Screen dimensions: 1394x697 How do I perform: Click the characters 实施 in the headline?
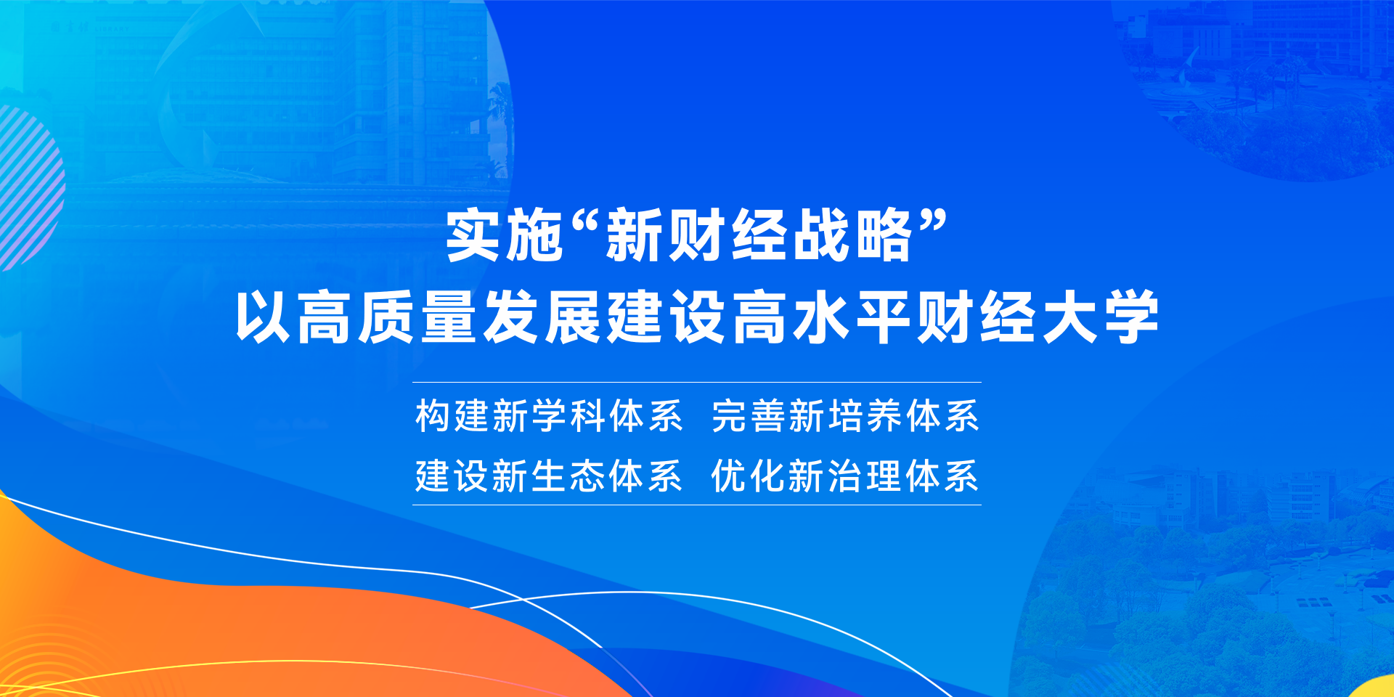(x=505, y=235)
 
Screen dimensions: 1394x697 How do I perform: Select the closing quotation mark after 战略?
(x=933, y=221)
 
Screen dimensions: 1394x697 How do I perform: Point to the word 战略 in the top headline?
(x=852, y=235)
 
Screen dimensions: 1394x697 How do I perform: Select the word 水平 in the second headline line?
(x=852, y=317)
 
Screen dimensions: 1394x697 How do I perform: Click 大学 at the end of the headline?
(x=1101, y=317)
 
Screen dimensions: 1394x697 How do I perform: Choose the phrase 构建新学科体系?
(x=549, y=416)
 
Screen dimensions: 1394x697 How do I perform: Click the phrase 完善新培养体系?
(x=845, y=416)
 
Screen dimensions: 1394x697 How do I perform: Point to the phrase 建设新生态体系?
(x=549, y=476)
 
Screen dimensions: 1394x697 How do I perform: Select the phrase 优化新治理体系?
(x=845, y=476)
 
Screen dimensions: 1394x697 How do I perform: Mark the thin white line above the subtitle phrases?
(x=697, y=382)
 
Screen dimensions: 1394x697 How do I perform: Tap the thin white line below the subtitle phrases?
(x=697, y=505)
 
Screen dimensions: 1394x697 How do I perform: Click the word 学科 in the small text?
(x=568, y=416)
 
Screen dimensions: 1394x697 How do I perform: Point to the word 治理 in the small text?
(x=864, y=476)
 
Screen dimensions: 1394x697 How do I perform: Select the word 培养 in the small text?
(x=864, y=416)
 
